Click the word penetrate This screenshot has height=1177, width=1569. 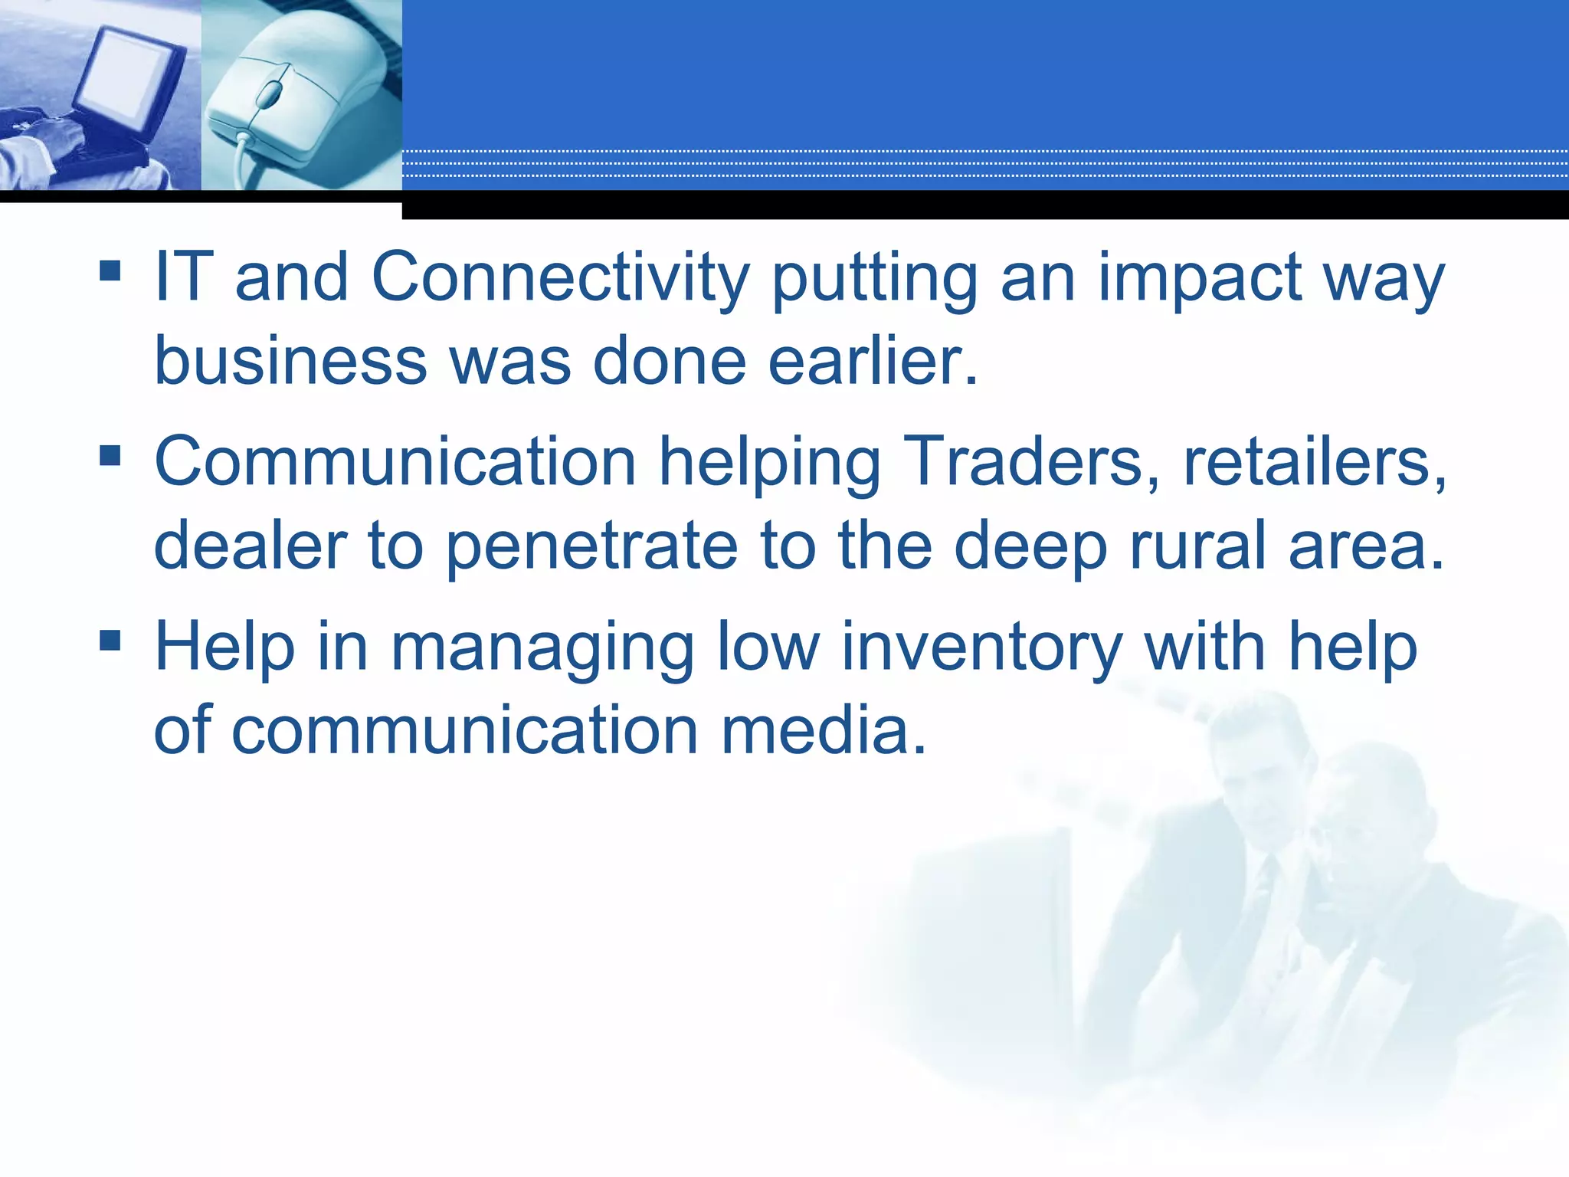[591, 546]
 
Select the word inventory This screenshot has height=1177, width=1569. [981, 648]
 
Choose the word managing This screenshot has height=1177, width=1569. [542, 648]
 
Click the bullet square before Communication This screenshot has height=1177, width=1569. [110, 456]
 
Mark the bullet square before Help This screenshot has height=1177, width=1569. [110, 640]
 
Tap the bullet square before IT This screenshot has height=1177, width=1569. [110, 270]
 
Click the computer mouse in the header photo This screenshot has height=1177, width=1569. [283, 100]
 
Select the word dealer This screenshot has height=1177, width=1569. [251, 546]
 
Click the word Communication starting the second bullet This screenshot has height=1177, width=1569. [395, 461]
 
